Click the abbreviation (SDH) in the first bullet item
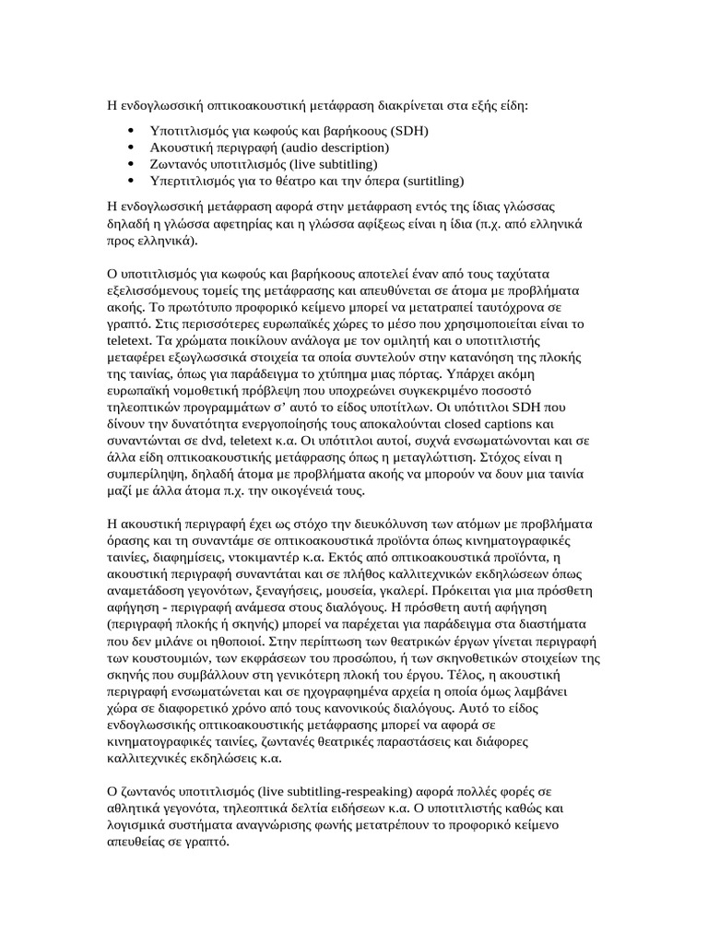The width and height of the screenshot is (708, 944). click(404, 131)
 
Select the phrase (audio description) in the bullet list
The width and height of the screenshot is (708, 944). click(336, 147)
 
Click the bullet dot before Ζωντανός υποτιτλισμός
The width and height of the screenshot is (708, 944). click(135, 164)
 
